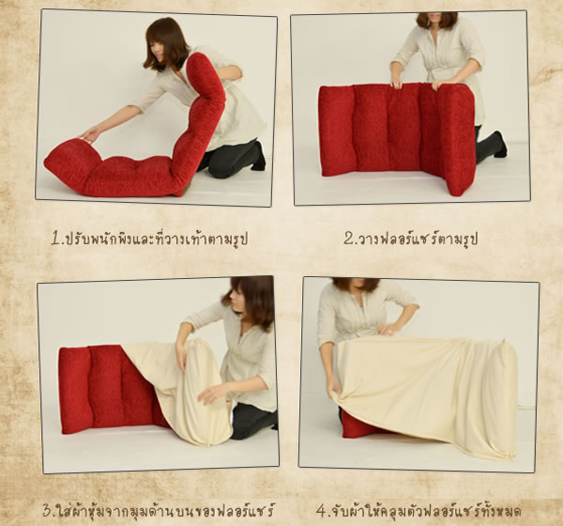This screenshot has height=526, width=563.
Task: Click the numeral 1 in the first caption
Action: pyautogui.click(x=56, y=239)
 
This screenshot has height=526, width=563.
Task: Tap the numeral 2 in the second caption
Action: pyautogui.click(x=348, y=239)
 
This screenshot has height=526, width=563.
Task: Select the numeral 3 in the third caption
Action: pyautogui.click(x=48, y=510)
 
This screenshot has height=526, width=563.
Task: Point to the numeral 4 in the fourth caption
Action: pyautogui.click(x=321, y=511)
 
